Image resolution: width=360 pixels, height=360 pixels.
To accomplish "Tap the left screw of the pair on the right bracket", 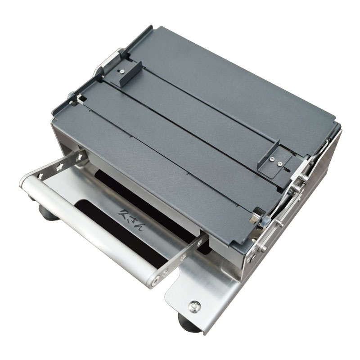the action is tap(272, 159).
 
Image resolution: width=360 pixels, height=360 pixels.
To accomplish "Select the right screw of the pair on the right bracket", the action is tap(279, 164).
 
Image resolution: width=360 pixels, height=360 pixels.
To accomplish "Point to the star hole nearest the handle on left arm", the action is tap(40, 176).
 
